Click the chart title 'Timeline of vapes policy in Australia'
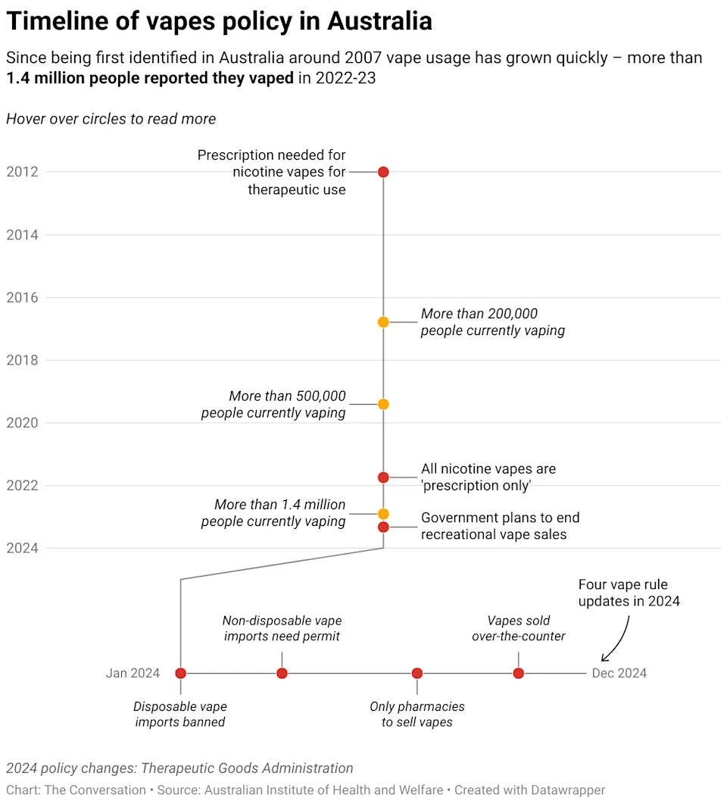[x=219, y=21]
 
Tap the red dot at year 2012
[x=383, y=172]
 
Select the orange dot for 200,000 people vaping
[x=383, y=322]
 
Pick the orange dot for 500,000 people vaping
[x=383, y=404]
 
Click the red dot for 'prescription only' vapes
[x=383, y=477]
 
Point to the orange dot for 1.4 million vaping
[x=383, y=514]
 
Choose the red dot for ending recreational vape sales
[x=383, y=527]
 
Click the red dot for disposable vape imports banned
[x=180, y=673]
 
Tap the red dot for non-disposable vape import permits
[x=282, y=673]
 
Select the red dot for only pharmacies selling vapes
[x=417, y=673]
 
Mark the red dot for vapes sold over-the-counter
[x=518, y=673]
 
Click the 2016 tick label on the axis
[x=22, y=297]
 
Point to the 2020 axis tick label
[x=22, y=422]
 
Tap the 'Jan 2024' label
[x=133, y=673]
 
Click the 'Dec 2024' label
[x=619, y=673]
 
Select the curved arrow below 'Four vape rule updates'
[x=617, y=640]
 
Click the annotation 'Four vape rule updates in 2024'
[x=629, y=593]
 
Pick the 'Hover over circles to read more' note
[x=111, y=119]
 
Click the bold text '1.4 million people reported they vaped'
[x=150, y=78]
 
